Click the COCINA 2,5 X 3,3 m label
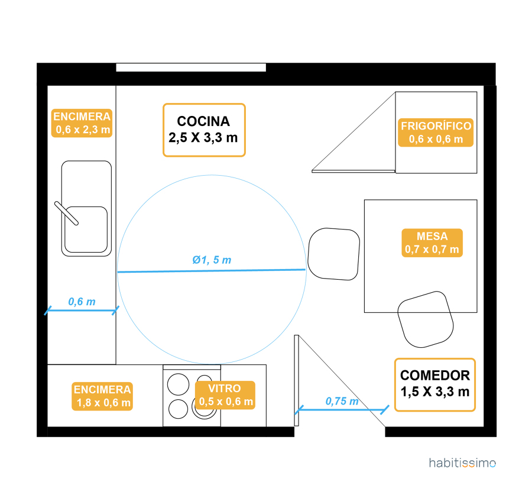(204, 130)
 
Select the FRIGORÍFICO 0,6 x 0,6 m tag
(436, 132)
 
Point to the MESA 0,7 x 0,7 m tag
(432, 243)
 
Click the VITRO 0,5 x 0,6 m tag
(225, 395)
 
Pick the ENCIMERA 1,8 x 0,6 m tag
(102, 396)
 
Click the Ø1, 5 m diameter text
(212, 260)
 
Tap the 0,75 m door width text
(342, 401)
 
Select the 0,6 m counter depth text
(82, 302)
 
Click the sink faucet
(66, 213)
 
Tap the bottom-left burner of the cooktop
(177, 409)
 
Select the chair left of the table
(334, 254)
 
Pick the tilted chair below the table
(426, 319)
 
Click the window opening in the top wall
(191, 67)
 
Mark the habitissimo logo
(462, 463)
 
